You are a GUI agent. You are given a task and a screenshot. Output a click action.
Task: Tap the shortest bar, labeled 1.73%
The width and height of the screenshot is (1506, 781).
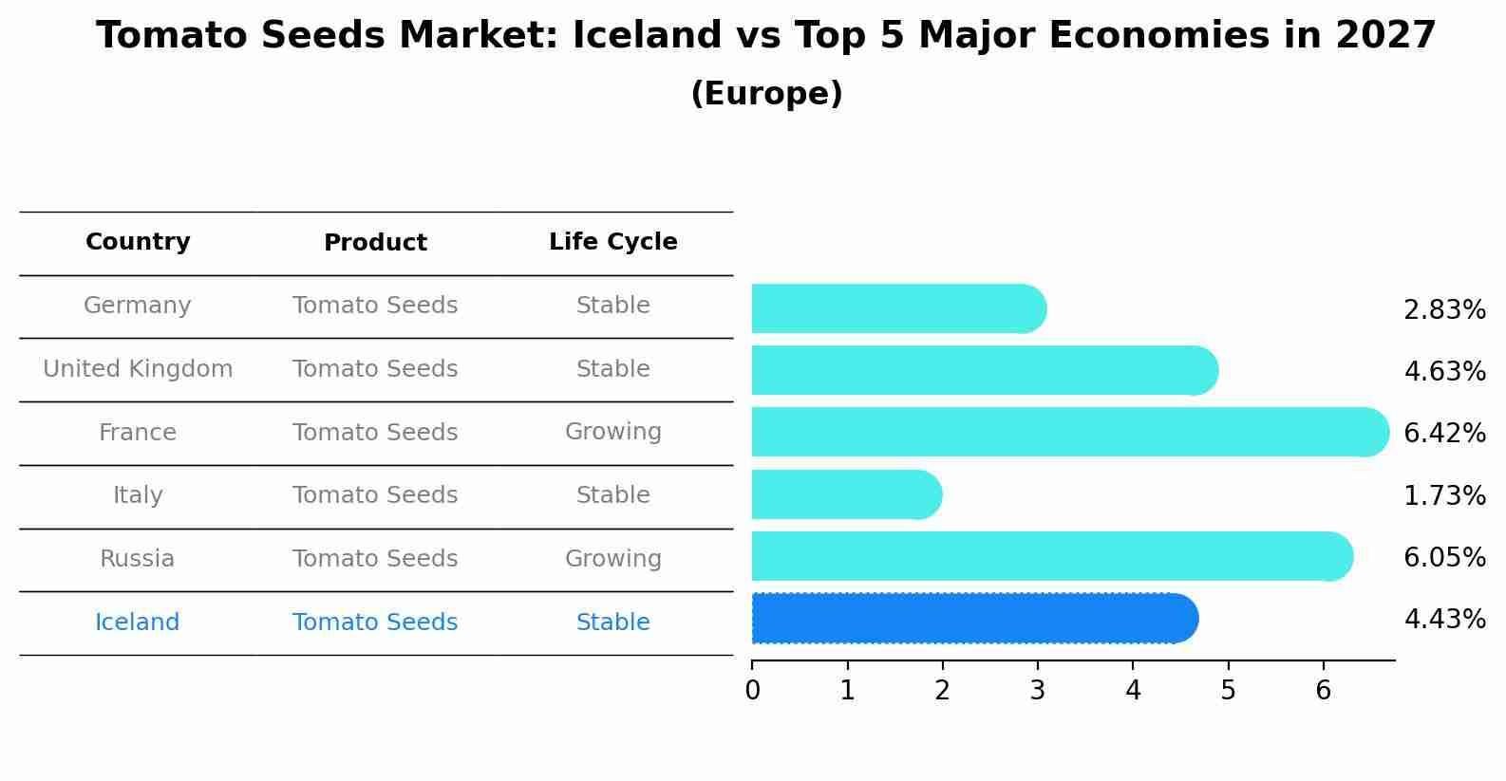point(845,494)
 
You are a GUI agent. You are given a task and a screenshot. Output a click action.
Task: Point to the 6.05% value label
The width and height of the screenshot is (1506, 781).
point(1444,557)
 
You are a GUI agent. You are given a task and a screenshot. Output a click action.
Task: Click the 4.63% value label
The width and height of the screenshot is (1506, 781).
point(1444,371)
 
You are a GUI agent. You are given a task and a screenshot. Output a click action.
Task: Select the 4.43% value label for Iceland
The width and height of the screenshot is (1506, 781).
point(1444,620)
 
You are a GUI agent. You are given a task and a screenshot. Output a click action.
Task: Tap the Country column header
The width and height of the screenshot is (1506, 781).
point(138,242)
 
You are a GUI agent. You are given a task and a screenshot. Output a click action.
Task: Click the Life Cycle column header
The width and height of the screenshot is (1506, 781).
point(612,242)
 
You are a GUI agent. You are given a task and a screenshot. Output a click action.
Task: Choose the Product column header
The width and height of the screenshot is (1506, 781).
point(375,243)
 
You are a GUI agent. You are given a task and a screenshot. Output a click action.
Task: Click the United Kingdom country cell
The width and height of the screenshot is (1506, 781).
point(138,369)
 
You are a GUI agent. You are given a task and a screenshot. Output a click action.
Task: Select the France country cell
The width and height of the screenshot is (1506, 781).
point(138,433)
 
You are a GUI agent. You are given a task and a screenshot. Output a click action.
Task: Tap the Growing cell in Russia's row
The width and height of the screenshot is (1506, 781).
point(612,559)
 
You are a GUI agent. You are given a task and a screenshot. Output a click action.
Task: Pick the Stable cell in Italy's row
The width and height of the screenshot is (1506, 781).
point(612,495)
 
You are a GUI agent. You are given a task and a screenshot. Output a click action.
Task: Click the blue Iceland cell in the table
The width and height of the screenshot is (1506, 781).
point(138,623)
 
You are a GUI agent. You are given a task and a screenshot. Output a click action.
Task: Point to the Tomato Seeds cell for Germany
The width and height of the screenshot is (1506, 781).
point(375,306)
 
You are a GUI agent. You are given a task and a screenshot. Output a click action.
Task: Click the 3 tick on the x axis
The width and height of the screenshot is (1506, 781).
point(1037,691)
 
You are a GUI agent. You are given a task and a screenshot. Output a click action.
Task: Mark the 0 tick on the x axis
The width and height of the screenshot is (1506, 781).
point(752,691)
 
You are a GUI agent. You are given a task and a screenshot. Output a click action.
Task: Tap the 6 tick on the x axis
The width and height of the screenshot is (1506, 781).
point(1323,691)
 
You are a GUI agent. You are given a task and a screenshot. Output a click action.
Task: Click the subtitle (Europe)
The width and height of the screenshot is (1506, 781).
point(766,94)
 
